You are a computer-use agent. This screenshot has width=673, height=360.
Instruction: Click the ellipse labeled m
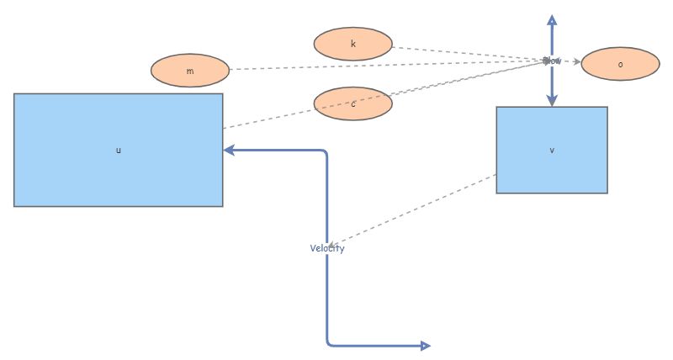190,71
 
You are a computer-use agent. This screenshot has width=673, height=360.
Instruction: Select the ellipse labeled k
352,44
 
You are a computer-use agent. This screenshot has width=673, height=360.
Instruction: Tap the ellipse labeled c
352,103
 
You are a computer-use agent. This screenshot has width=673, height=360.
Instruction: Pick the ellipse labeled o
620,64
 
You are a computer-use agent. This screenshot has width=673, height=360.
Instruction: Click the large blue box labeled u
118,150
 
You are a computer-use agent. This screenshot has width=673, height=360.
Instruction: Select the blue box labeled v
551,150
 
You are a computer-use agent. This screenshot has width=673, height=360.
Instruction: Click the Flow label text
551,61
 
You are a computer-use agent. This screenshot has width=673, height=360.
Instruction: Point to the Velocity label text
326,248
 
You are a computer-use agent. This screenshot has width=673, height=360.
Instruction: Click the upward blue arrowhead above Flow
551,19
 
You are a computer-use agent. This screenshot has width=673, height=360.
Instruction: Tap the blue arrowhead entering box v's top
551,101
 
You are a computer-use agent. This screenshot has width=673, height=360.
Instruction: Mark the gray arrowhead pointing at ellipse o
575,62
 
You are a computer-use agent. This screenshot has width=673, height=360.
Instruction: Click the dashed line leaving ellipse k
463,54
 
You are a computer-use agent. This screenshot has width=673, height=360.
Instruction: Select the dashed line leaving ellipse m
379,66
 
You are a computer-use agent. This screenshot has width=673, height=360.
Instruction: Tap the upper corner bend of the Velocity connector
326,151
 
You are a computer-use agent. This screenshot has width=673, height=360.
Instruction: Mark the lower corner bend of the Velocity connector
327,344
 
